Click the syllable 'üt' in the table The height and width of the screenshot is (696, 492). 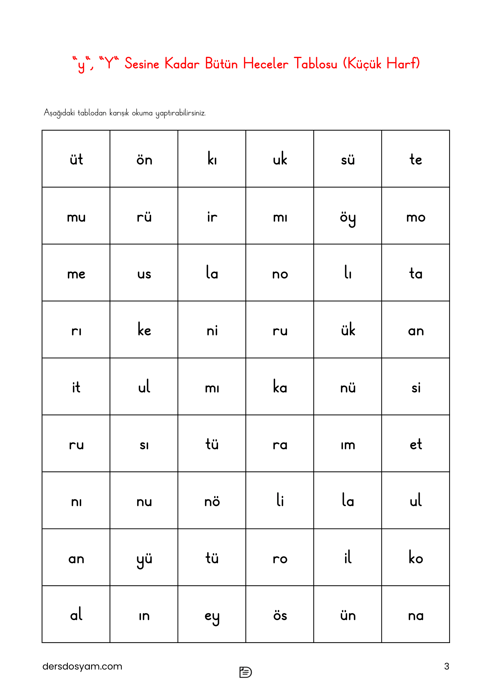click(76, 159)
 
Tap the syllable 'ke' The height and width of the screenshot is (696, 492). click(144, 330)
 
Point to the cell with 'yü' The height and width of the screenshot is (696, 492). click(144, 559)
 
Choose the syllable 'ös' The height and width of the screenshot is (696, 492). click(280, 615)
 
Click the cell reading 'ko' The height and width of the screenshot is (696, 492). click(416, 558)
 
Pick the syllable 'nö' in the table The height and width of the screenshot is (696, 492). click(212, 501)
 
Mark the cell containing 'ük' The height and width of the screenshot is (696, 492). click(348, 330)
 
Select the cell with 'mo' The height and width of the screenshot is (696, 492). click(416, 217)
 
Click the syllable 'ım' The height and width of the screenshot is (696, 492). click(348, 445)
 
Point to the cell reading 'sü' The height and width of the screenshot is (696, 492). click(348, 159)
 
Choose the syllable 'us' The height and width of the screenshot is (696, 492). click(144, 274)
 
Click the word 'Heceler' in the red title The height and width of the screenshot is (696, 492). click(265, 64)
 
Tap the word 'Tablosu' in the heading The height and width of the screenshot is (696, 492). click(315, 64)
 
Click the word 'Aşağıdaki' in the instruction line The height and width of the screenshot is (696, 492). click(59, 113)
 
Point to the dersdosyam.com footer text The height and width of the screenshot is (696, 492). click(82, 666)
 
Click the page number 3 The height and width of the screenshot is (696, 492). click(446, 666)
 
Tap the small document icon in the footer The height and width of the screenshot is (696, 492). click(245, 672)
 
